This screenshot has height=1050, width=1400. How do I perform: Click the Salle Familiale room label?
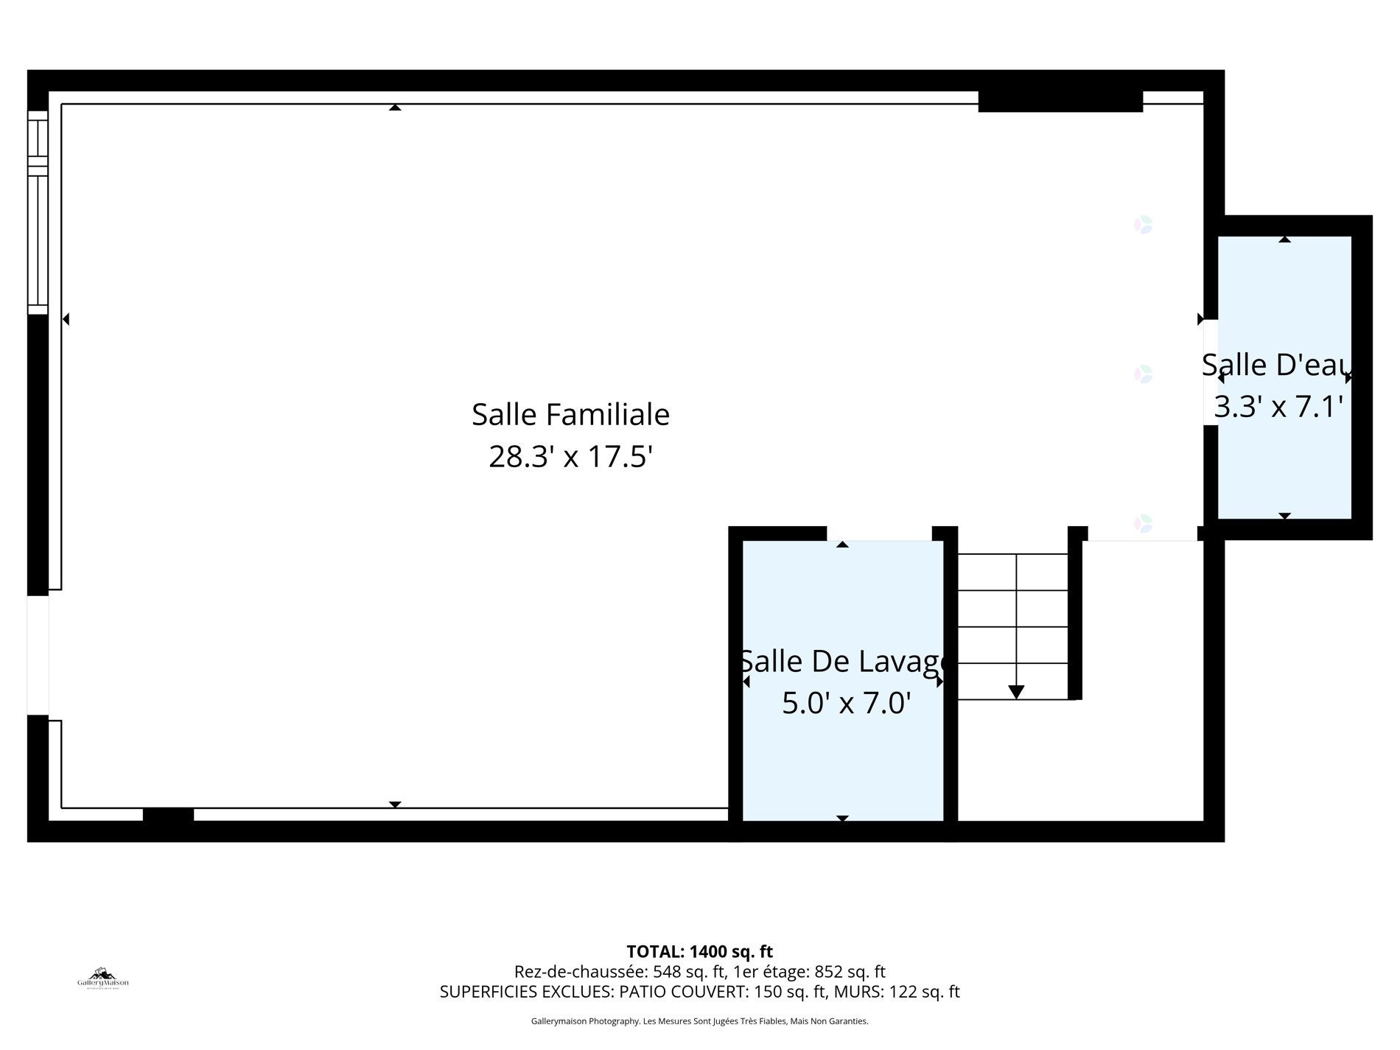pyautogui.click(x=570, y=415)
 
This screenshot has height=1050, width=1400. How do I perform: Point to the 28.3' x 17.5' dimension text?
pyautogui.click(x=570, y=458)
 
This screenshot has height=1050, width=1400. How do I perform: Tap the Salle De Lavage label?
pyautogui.click(x=843, y=662)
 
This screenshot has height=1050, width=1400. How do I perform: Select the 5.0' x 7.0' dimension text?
pyautogui.click(x=846, y=704)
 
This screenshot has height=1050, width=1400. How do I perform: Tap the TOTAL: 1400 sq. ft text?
pyautogui.click(x=699, y=951)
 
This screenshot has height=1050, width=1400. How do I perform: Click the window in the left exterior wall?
pyautogui.click(x=38, y=212)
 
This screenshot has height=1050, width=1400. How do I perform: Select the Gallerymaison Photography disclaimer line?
pyautogui.click(x=699, y=1021)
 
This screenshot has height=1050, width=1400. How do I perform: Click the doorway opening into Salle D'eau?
pyautogui.click(x=1210, y=372)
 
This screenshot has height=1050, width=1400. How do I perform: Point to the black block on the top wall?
pyautogui.click(x=1060, y=101)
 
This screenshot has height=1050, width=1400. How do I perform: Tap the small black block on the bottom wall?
pyautogui.click(x=168, y=815)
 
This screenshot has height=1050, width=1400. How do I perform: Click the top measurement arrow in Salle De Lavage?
pyautogui.click(x=842, y=545)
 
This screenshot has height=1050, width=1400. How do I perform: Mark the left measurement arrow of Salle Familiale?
pyautogui.click(x=66, y=319)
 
